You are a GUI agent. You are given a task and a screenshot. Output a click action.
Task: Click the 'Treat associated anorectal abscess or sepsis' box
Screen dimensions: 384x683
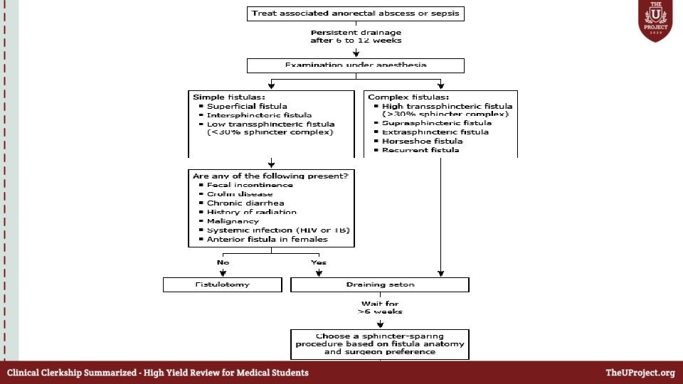(356, 14)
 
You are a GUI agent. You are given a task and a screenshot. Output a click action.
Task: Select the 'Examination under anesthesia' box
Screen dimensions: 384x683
(356, 65)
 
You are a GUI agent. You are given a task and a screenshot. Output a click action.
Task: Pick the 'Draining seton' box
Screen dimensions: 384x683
(380, 284)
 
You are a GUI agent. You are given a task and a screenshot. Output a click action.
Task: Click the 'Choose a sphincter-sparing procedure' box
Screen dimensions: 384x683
(380, 343)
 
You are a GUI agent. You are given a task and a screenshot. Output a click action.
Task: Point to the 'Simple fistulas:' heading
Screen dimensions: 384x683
(219, 96)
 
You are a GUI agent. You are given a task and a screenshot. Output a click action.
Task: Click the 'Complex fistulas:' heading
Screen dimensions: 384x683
(398, 96)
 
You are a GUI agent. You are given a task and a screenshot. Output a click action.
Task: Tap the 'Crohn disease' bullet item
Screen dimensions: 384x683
(240, 194)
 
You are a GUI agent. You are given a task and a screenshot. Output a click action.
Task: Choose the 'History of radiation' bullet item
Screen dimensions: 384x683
(252, 212)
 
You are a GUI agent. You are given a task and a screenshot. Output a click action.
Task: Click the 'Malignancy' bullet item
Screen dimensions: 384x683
(233, 221)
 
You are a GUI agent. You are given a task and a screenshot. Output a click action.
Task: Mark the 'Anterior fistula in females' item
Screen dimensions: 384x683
(267, 240)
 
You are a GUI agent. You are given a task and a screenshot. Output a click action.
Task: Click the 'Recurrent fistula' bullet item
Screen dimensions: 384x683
(420, 150)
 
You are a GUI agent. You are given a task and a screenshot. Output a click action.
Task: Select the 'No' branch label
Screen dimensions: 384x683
(223, 262)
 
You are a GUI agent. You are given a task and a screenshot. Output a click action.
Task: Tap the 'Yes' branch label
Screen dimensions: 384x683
(318, 262)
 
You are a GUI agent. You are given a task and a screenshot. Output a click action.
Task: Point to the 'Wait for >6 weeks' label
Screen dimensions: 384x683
(380, 307)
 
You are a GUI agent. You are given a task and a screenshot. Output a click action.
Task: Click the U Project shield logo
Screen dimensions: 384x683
(655, 21)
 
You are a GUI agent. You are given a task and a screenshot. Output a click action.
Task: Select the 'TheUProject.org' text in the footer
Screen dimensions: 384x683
(640, 373)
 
